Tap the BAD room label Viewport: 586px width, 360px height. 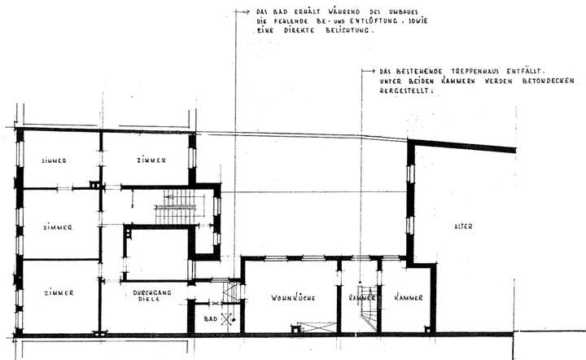coord(209,318)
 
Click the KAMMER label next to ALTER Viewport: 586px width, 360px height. coord(407,298)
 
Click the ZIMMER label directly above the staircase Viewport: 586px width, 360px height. coord(152,160)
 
